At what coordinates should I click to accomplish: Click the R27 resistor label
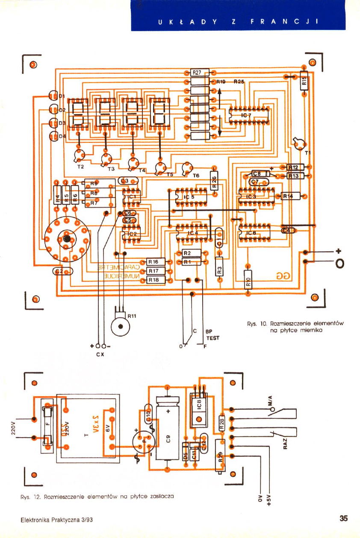pyautogui.click(x=197, y=73)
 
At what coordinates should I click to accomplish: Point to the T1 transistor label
pyautogui.click(x=306, y=152)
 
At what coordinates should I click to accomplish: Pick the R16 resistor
pyautogui.click(x=153, y=262)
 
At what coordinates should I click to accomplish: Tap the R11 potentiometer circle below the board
pyautogui.click(x=120, y=327)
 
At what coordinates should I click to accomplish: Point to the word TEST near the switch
pyautogui.click(x=212, y=338)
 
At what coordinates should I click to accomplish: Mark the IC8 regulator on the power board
pyautogui.click(x=198, y=404)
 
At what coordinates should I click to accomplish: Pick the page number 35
pyautogui.click(x=343, y=519)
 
